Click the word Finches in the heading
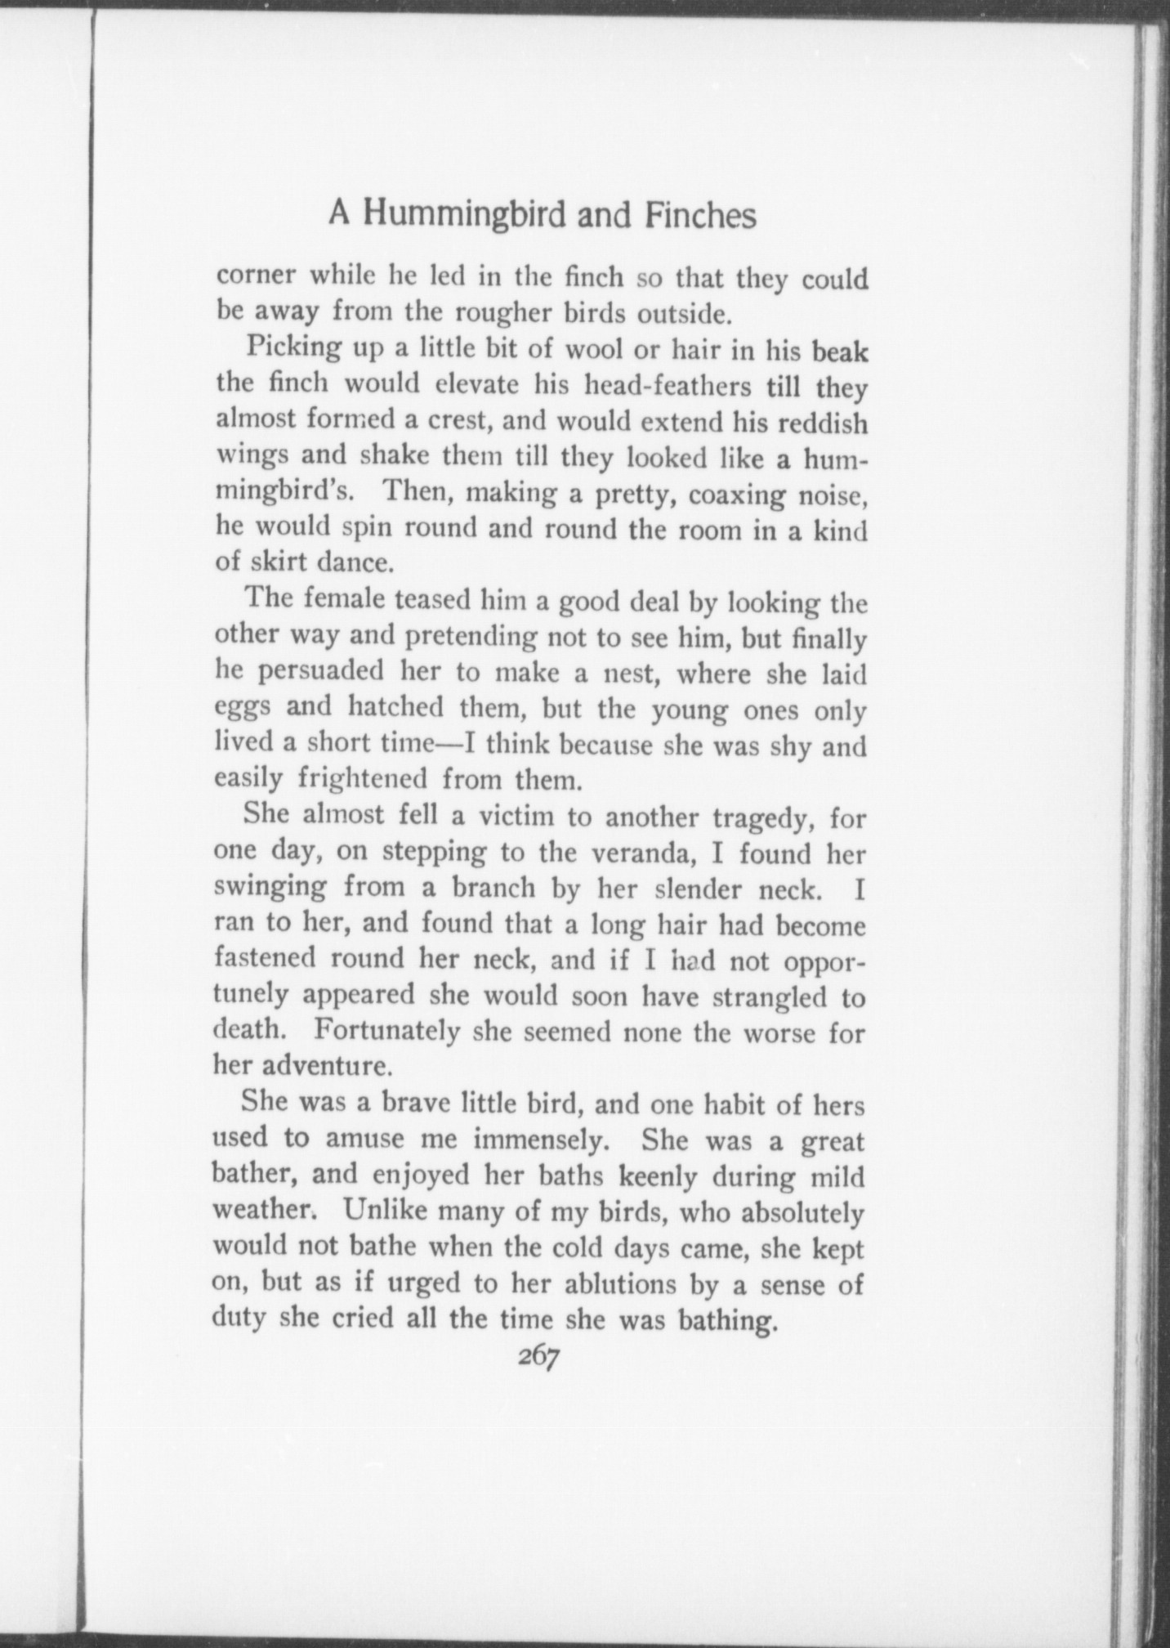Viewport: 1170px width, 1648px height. click(x=700, y=216)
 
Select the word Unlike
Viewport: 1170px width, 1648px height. click(x=386, y=1211)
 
